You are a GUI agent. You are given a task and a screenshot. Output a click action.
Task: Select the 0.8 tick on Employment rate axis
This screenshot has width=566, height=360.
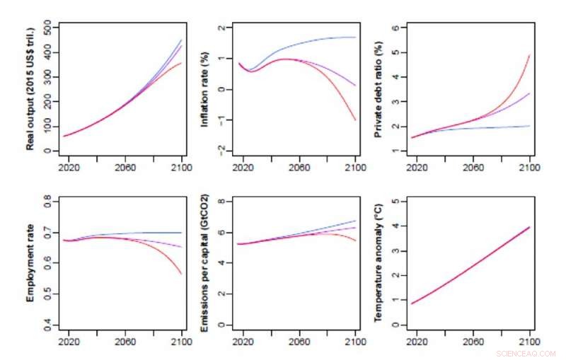pyautogui.click(x=47, y=202)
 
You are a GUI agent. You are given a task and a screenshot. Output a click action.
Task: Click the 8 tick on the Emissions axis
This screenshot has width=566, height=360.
pyautogui.click(x=221, y=202)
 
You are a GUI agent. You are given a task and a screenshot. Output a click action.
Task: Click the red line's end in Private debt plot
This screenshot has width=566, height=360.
pyautogui.click(x=529, y=55)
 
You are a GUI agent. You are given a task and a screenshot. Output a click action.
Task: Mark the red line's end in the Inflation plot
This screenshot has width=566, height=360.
pyautogui.click(x=355, y=120)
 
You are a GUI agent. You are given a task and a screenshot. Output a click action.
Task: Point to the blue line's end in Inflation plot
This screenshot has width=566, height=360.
pyautogui.click(x=355, y=37)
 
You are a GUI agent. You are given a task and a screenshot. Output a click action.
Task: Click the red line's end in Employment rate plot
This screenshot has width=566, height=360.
pyautogui.click(x=182, y=274)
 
